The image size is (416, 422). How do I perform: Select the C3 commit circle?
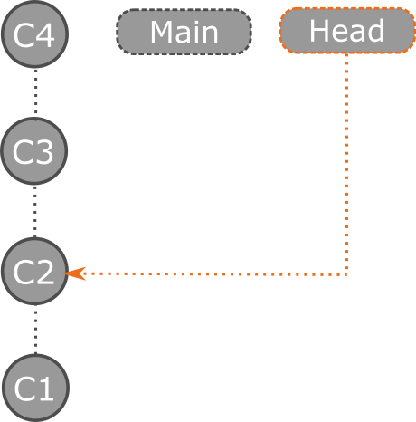tap(35, 152)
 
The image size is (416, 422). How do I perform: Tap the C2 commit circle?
tap(35, 271)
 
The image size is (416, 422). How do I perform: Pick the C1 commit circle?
tap(35, 388)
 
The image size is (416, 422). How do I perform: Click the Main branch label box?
tap(184, 33)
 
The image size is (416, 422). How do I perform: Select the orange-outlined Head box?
tap(347, 32)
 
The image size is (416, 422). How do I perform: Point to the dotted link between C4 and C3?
tap(35, 93)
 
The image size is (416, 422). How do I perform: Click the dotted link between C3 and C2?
tap(35, 212)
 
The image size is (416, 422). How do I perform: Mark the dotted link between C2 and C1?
tap(35, 330)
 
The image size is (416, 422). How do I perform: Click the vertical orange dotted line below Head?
tap(347, 163)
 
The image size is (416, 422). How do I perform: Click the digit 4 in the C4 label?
tap(47, 35)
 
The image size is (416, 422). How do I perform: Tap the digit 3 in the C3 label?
tap(47, 153)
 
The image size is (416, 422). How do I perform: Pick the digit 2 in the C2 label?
tap(47, 272)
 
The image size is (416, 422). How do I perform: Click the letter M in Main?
tap(163, 33)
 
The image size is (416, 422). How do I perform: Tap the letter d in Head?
tap(375, 32)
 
